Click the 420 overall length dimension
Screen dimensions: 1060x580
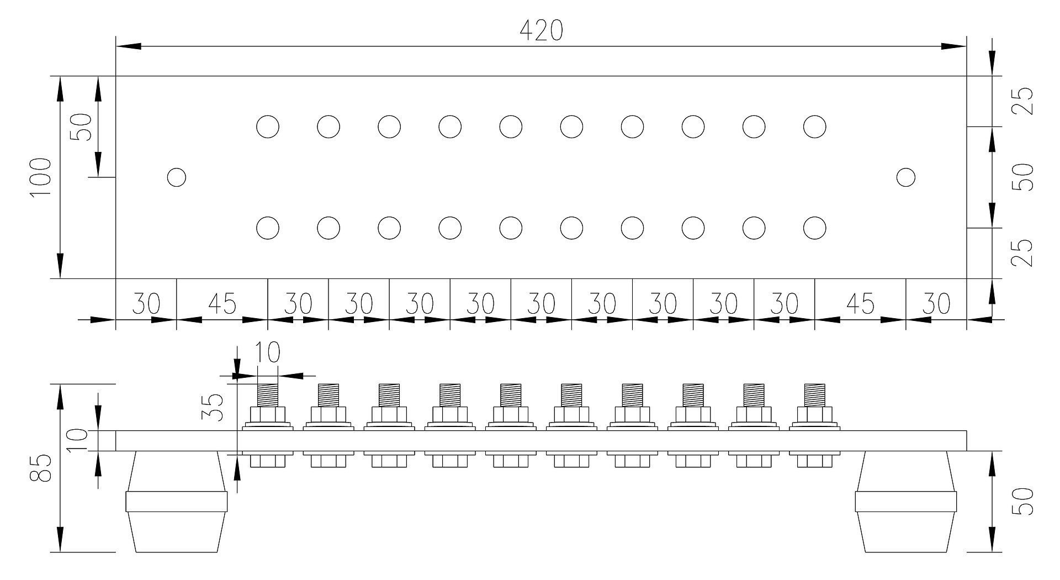tap(541, 30)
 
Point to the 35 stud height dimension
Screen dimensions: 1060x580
tap(213, 408)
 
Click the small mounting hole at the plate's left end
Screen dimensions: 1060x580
tap(177, 178)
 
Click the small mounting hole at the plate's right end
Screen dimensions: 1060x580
tap(906, 178)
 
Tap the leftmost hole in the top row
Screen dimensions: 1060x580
tap(268, 127)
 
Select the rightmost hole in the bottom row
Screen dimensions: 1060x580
tap(814, 228)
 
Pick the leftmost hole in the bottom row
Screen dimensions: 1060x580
tap(268, 228)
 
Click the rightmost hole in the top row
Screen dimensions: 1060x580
tap(814, 127)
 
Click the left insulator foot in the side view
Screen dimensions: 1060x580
tap(177, 502)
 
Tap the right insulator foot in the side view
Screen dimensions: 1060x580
tap(906, 502)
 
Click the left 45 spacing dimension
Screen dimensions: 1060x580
tap(222, 304)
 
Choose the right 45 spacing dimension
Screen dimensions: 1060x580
tap(860, 304)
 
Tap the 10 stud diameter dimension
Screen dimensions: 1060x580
tap(268, 352)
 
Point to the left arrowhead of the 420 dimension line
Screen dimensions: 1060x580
tap(128, 46)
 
